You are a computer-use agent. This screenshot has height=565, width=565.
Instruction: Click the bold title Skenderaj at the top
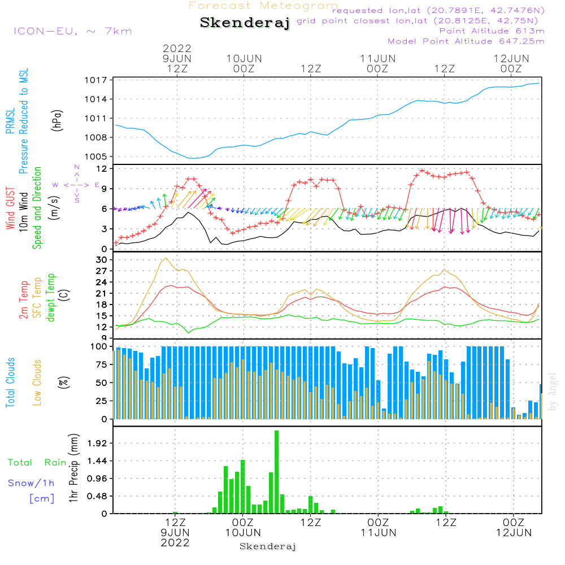[245, 23]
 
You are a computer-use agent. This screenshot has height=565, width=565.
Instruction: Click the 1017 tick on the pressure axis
[96, 80]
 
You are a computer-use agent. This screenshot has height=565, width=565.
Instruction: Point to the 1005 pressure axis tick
[96, 157]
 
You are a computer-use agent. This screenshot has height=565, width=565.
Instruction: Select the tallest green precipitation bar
[276, 472]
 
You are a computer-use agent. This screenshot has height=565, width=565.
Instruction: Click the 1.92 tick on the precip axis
[97, 443]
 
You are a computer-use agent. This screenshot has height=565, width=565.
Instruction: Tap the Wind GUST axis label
[10, 208]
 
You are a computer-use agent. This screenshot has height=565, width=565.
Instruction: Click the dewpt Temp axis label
[51, 297]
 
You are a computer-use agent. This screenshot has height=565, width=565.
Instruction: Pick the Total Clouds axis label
[10, 383]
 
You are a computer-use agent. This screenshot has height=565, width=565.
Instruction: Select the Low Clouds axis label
[37, 383]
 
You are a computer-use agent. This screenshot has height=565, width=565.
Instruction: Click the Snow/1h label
[31, 483]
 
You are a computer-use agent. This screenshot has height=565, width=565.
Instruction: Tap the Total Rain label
[37, 462]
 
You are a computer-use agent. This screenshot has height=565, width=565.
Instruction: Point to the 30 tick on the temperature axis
[102, 260]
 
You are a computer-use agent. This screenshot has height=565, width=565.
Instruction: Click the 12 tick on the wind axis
[102, 168]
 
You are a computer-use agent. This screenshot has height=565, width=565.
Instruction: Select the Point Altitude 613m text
[492, 31]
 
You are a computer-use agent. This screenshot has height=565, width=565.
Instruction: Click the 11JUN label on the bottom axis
[379, 533]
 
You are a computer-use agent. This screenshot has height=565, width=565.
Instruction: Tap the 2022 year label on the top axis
[177, 48]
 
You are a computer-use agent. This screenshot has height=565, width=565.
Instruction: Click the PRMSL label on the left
[10, 121]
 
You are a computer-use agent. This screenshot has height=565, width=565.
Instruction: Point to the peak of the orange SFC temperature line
[166, 258]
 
